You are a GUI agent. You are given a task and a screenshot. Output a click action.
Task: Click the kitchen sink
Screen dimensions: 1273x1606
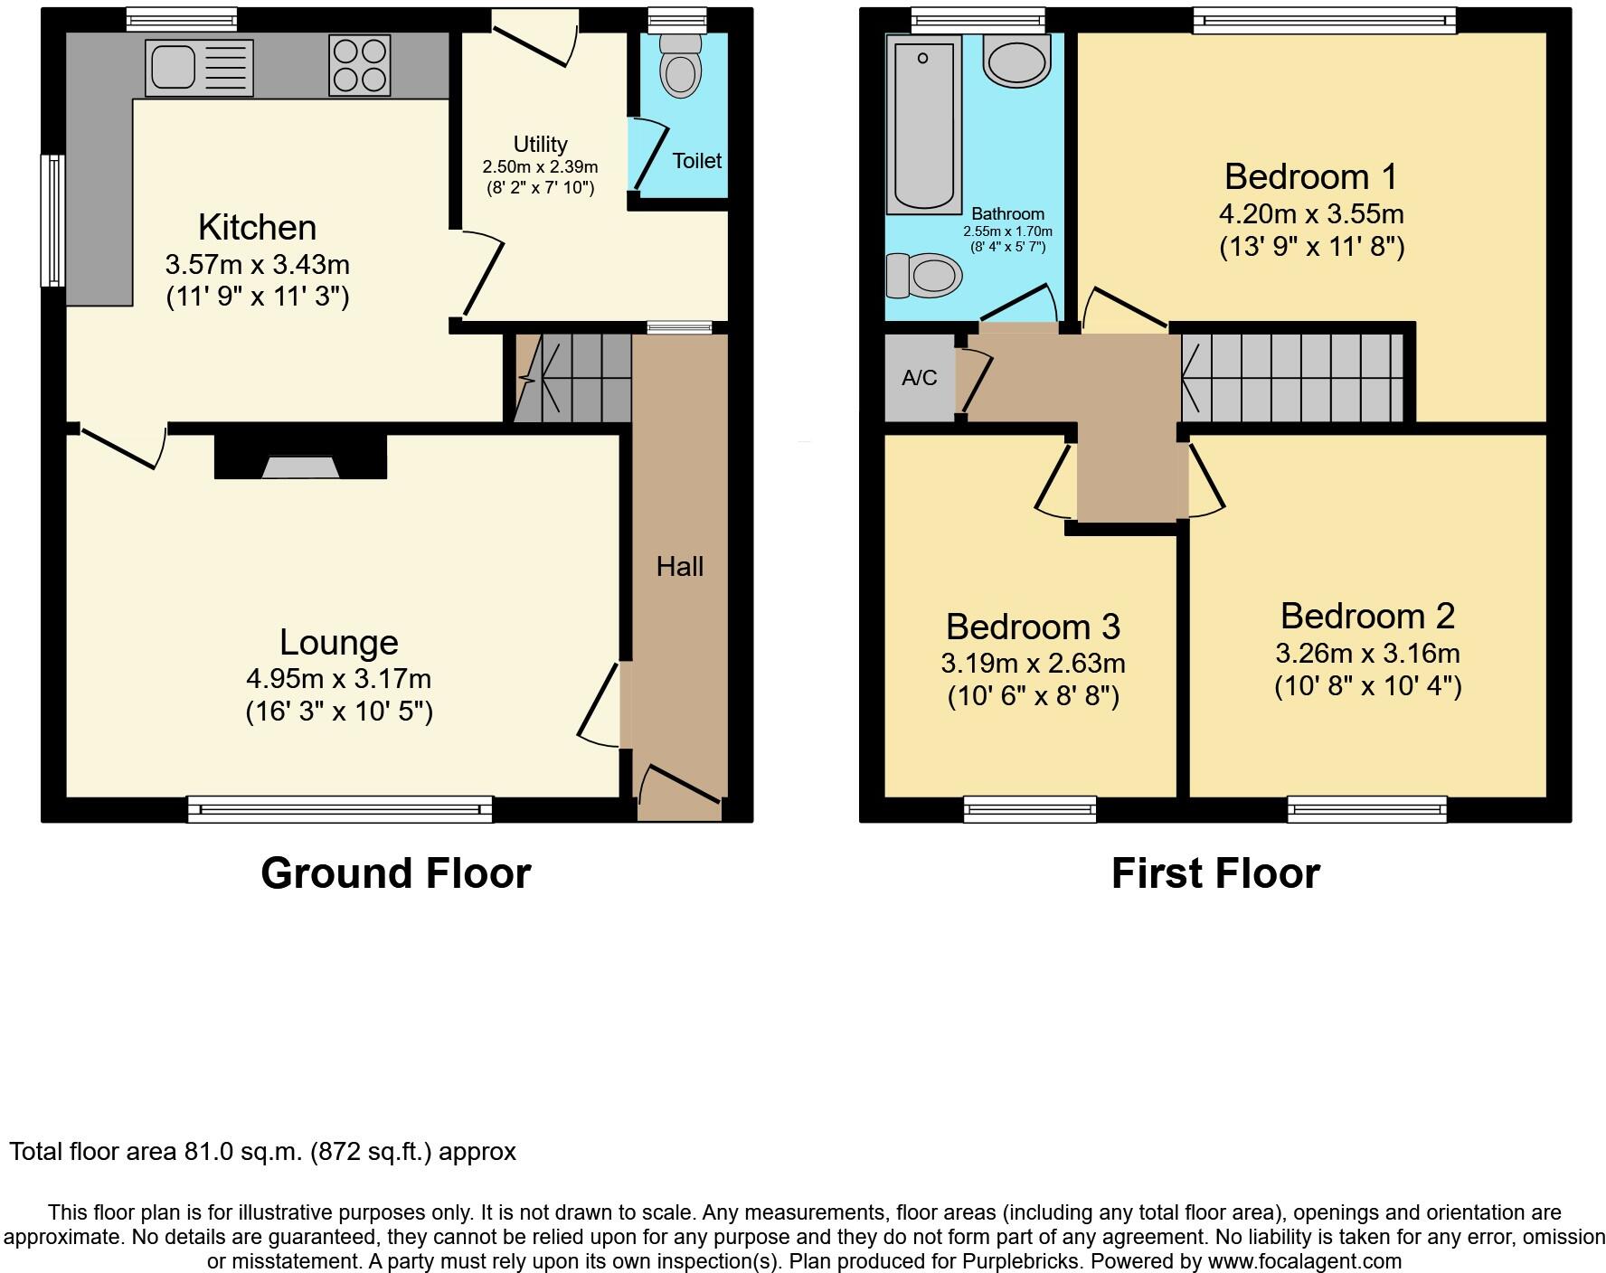(199, 68)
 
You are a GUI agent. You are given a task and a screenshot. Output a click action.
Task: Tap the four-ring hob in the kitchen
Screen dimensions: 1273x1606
(360, 65)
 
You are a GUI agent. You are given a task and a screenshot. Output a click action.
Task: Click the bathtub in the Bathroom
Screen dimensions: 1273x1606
(923, 125)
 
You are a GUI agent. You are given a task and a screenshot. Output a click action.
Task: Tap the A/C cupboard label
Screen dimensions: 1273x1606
(919, 378)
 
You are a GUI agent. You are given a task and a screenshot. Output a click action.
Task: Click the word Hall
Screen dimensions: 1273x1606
(679, 567)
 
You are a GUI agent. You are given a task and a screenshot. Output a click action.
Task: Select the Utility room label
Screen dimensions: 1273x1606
(540, 145)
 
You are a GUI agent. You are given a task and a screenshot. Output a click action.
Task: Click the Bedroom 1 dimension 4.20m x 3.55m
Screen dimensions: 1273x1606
(1310, 214)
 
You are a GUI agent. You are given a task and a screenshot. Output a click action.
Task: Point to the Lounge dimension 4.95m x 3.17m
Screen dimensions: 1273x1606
(338, 678)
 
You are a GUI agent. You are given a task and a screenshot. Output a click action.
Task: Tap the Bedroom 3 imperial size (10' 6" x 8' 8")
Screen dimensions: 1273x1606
(1033, 696)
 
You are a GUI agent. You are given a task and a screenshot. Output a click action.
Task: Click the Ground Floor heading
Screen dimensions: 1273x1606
(395, 873)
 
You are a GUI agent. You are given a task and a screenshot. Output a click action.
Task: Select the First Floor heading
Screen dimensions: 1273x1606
(1214, 873)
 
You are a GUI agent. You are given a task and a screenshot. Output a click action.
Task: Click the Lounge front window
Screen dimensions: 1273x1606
(340, 809)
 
